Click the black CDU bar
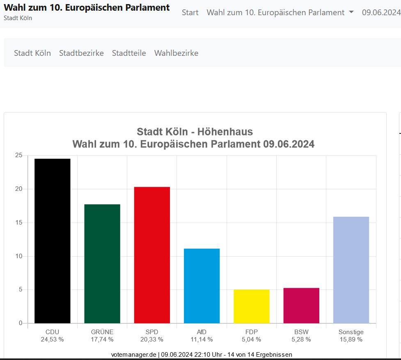coord(52,241)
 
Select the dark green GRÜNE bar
coord(102,264)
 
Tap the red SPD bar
coord(152,255)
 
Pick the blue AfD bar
coord(202,286)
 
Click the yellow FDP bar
coord(252,306)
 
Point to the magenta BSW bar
coord(301,305)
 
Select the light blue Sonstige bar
coord(351,270)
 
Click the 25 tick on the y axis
coord(18,155)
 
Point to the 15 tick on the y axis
coord(18,222)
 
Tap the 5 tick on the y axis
coord(20,290)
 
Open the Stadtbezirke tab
coord(81,53)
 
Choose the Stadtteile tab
coord(129,53)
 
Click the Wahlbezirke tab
coord(176,53)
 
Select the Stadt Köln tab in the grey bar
coord(32,53)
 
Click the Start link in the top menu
coord(190,12)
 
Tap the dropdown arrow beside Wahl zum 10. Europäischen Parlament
coord(351,12)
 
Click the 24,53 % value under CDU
coord(52,339)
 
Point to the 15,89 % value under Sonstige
coord(351,339)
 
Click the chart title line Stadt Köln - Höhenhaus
coord(195,132)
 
